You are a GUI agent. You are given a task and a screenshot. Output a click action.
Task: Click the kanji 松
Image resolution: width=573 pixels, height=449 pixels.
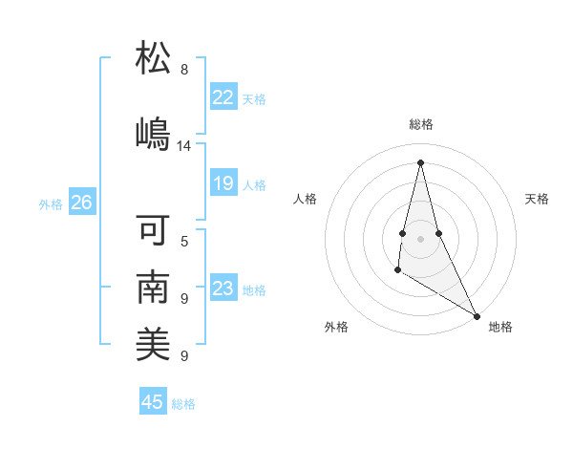coord(154,58)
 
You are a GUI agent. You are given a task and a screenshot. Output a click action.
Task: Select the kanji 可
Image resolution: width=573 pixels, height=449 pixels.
coord(154,230)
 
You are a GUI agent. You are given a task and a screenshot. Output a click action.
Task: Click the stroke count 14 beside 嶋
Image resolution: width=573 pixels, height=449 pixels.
coord(184,146)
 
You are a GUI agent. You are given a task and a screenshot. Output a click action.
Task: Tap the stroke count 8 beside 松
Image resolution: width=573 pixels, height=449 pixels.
coord(184,70)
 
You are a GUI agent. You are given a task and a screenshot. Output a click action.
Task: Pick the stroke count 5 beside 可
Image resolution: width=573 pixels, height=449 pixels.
coord(184,241)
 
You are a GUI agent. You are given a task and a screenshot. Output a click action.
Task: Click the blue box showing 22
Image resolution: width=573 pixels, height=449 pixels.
coord(223,97)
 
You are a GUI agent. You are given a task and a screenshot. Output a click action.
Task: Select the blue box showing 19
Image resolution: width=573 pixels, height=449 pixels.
coord(223,183)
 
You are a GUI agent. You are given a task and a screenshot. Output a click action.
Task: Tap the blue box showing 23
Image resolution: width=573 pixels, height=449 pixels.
coord(223,289)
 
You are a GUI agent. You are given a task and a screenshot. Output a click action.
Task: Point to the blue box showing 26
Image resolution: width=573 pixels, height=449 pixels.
coord(81,203)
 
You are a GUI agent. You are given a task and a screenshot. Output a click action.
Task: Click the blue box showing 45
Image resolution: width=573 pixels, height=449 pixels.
coord(153,402)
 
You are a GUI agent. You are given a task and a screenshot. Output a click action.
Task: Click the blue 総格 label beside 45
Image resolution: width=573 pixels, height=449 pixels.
coord(183,404)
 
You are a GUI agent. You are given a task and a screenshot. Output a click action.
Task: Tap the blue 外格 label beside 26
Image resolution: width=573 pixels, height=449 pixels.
coord(51,203)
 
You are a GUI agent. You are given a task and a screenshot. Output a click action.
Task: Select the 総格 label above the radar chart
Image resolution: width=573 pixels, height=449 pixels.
coord(420,124)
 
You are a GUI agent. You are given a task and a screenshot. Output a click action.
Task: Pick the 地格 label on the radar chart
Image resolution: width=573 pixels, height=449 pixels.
coord(500,327)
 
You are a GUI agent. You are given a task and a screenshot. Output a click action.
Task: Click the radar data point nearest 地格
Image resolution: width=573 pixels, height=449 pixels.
coord(477,316)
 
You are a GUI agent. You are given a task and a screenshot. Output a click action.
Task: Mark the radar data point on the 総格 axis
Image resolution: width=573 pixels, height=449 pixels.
coord(420,161)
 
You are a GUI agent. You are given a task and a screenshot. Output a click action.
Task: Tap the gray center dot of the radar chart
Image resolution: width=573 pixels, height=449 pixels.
coord(420,238)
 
